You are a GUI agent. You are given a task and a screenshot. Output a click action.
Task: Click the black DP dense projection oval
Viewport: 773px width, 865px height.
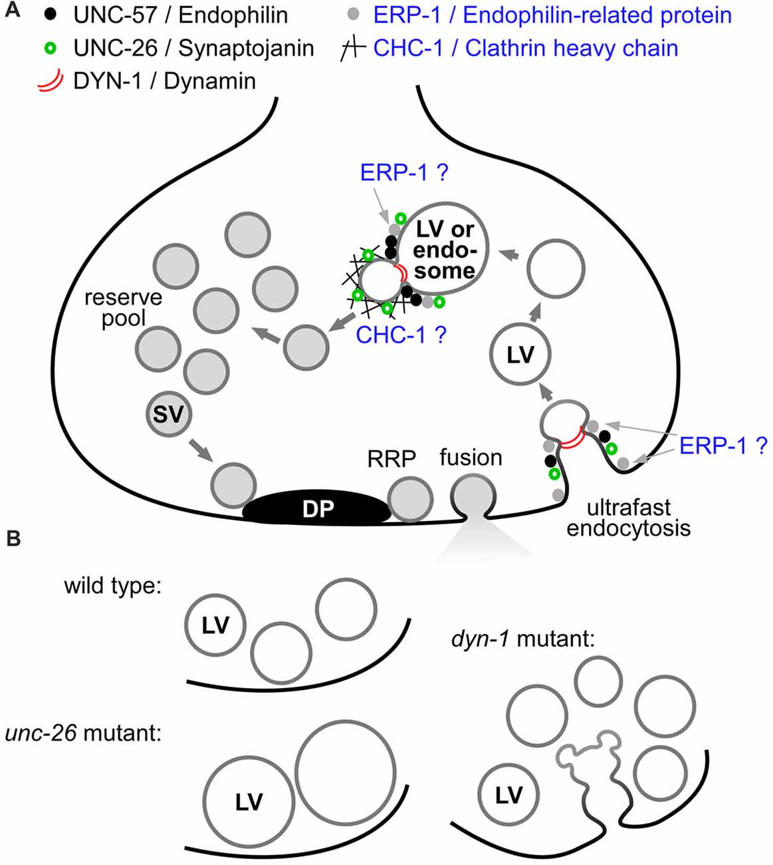click(x=316, y=508)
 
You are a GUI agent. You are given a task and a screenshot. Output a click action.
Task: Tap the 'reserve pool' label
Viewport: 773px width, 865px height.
click(x=123, y=307)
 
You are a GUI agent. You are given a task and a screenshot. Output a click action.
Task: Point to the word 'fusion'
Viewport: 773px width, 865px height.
click(x=471, y=458)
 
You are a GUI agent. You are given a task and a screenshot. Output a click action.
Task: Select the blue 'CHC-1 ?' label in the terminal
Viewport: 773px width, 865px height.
click(x=401, y=335)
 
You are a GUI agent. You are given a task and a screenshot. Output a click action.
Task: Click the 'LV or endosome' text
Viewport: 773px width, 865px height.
click(x=444, y=250)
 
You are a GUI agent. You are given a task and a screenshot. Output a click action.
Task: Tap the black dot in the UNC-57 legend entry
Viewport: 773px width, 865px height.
click(x=49, y=14)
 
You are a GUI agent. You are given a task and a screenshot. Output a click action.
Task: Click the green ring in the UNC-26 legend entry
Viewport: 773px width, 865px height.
click(x=49, y=48)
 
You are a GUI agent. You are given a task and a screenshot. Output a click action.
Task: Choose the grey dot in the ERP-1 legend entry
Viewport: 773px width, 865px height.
click(x=354, y=15)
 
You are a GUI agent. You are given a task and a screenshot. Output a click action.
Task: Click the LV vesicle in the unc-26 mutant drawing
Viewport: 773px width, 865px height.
click(x=249, y=801)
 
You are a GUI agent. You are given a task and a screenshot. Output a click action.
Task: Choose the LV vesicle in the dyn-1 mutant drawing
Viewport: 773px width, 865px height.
click(x=508, y=795)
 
